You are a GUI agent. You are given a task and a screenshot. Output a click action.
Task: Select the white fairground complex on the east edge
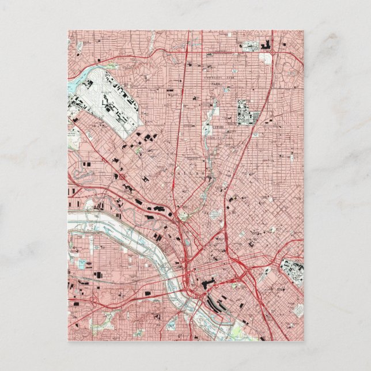(x=291, y=272)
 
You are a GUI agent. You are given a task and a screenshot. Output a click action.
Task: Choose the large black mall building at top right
(x=268, y=45)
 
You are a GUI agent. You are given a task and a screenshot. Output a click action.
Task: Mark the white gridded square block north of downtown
(x=216, y=214)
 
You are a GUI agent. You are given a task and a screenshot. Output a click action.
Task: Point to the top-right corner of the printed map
(x=303, y=31)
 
